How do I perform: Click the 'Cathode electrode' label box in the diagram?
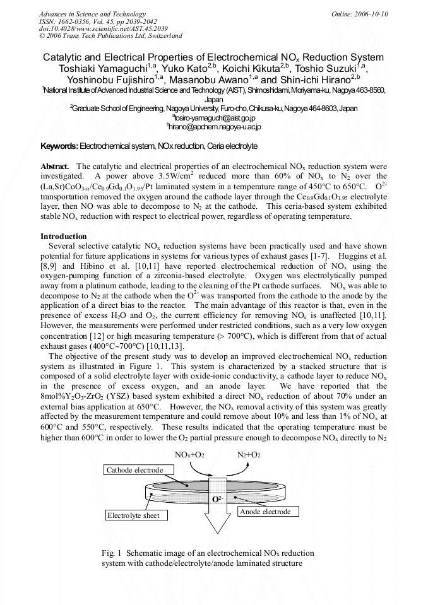click(134, 470)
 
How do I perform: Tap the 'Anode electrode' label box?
click(265, 512)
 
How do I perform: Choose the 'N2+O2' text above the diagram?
click(249, 455)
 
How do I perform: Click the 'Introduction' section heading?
click(63, 237)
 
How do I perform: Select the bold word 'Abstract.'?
click(55, 166)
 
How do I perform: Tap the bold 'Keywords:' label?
click(59, 146)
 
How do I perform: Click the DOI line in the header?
click(104, 28)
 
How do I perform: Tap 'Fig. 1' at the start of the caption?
click(111, 553)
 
